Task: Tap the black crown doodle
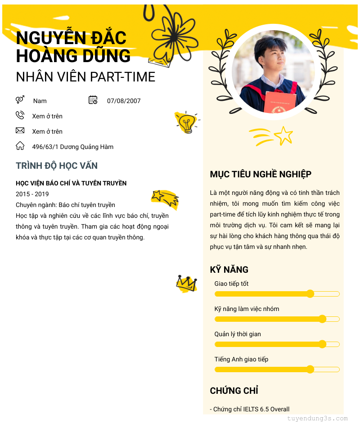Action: [186, 284]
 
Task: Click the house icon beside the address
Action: [20, 146]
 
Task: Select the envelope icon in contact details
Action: [20, 131]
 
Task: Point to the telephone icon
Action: [20, 115]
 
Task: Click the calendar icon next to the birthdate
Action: [93, 100]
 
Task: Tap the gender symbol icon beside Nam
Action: [20, 100]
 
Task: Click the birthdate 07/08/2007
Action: [124, 101]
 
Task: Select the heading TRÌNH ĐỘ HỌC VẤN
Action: [57, 166]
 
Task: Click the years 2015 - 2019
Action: [32, 194]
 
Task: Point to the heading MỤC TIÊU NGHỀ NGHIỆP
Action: [261, 174]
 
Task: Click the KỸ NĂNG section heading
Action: [229, 270]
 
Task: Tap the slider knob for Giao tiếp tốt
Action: [310, 294]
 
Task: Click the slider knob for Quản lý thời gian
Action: [322, 344]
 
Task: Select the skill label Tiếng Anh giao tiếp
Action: [241, 359]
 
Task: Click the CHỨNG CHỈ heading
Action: [234, 391]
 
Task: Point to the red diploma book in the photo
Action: [280, 103]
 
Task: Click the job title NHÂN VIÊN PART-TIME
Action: [85, 77]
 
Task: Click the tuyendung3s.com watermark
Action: [317, 419]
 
